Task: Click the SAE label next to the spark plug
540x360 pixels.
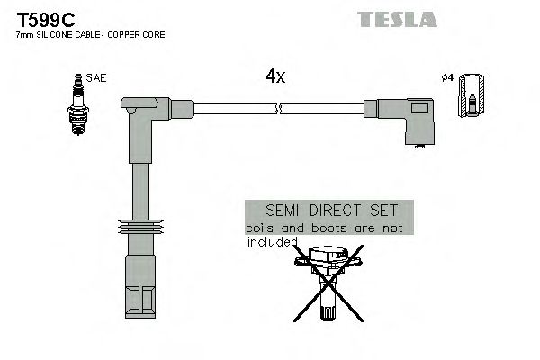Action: (97, 78)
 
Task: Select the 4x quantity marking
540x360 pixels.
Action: (275, 77)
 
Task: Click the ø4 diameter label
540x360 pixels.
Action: (446, 78)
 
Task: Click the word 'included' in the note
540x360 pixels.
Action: (271, 241)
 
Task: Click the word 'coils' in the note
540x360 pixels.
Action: (261, 229)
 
